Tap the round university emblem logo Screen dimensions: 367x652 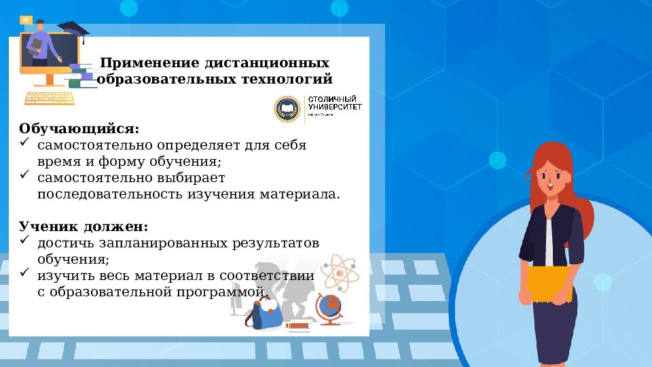(x=286, y=109)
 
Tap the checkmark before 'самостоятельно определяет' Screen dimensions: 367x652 (x=24, y=143)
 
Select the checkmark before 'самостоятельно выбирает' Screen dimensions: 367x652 (x=24, y=175)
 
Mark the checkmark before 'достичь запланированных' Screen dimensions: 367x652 (x=24, y=241)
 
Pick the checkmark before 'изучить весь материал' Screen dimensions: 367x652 (x=24, y=274)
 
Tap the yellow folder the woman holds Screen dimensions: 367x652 (x=550, y=284)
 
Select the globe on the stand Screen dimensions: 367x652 (x=331, y=307)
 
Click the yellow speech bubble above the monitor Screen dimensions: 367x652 (x=26, y=20)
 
